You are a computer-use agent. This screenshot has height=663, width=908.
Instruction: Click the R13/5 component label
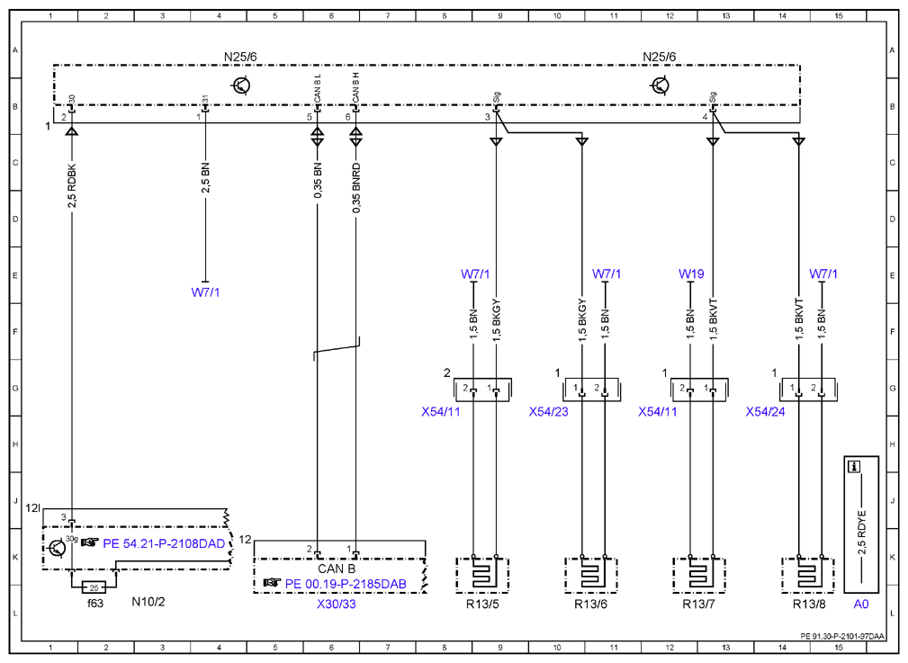[x=481, y=604]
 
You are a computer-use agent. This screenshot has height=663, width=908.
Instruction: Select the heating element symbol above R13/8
[x=807, y=575]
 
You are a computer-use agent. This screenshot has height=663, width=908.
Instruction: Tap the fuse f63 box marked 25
[x=94, y=587]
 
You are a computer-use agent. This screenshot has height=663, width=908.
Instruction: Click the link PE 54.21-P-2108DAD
[x=164, y=543]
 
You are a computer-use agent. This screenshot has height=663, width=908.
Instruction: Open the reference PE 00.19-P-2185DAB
[x=346, y=584]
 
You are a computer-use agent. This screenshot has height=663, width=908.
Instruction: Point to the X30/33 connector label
[x=337, y=604]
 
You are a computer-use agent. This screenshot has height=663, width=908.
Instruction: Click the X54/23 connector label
[x=548, y=412]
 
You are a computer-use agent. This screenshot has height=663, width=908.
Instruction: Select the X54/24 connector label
[x=765, y=412]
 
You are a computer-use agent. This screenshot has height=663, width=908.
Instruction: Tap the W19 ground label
[x=691, y=273]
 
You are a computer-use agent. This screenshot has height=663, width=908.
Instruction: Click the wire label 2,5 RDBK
[x=72, y=186]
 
